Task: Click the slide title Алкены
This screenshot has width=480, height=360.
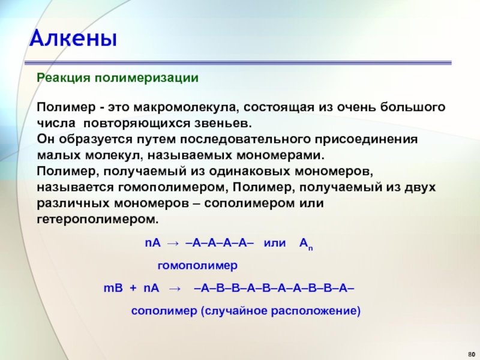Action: (73, 38)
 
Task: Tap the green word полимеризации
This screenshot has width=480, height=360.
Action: (146, 78)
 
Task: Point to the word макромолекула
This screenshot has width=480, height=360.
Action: (185, 107)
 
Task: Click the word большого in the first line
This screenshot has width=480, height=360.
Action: (413, 107)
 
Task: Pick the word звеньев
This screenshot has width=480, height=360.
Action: (223, 124)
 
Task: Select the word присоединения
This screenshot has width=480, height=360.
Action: (366, 140)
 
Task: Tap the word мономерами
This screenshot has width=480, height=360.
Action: (280, 155)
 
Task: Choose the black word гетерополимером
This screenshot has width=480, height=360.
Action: (98, 220)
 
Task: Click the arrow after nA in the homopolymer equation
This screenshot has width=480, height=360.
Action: (173, 244)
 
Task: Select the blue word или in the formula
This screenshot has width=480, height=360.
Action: (275, 243)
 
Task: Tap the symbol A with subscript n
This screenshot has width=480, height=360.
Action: (306, 244)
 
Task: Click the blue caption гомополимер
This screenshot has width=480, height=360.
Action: (197, 265)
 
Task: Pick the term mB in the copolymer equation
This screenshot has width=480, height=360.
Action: (113, 288)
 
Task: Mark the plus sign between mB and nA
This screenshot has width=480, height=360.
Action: (133, 289)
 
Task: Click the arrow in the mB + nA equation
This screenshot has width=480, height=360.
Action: (175, 289)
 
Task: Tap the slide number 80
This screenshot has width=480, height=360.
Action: (472, 354)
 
